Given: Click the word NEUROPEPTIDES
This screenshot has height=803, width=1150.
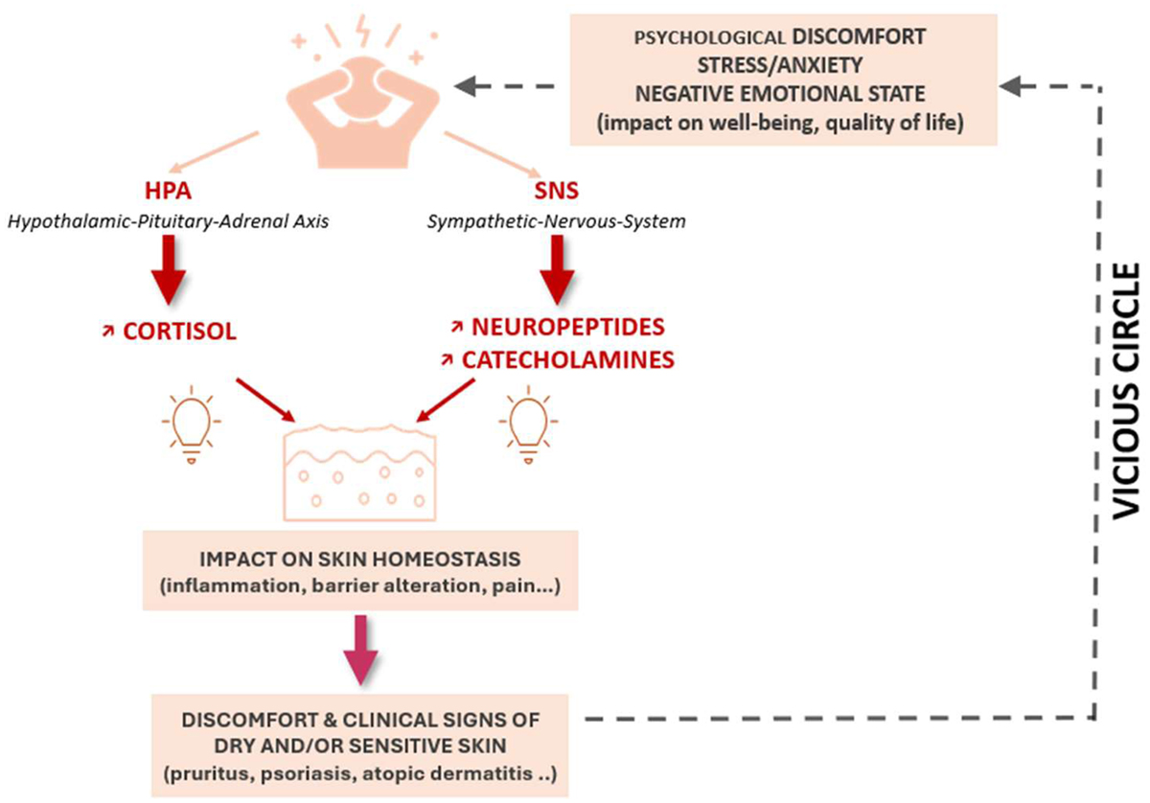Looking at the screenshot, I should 567,326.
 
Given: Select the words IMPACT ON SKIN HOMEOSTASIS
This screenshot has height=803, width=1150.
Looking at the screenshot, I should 359,559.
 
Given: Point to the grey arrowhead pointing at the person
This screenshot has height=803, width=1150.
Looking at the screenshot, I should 467,86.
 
